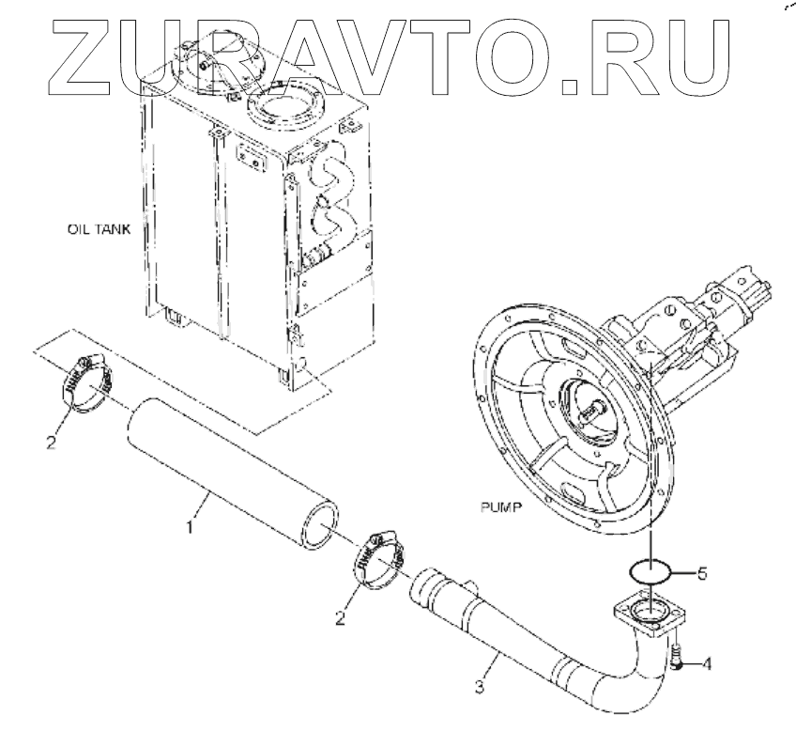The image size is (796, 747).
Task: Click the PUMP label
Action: coord(498,506)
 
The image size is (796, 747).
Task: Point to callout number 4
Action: coord(706,664)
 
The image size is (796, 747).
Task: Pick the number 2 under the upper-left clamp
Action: coord(53,440)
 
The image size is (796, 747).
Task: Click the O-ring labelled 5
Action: coord(648,570)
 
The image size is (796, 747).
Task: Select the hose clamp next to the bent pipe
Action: coord(378,561)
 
